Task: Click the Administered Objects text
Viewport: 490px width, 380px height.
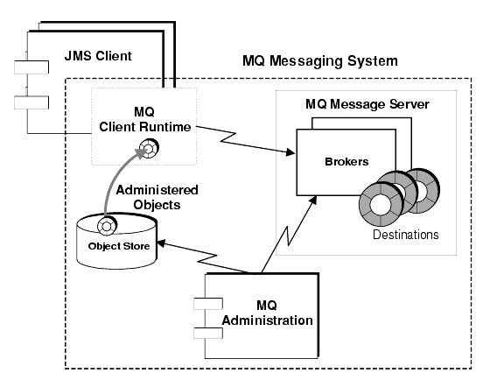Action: (x=158, y=196)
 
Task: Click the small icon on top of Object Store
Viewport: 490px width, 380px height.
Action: (x=106, y=227)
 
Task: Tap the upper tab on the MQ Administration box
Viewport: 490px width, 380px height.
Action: (x=207, y=306)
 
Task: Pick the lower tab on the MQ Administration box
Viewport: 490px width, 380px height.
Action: (x=207, y=334)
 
